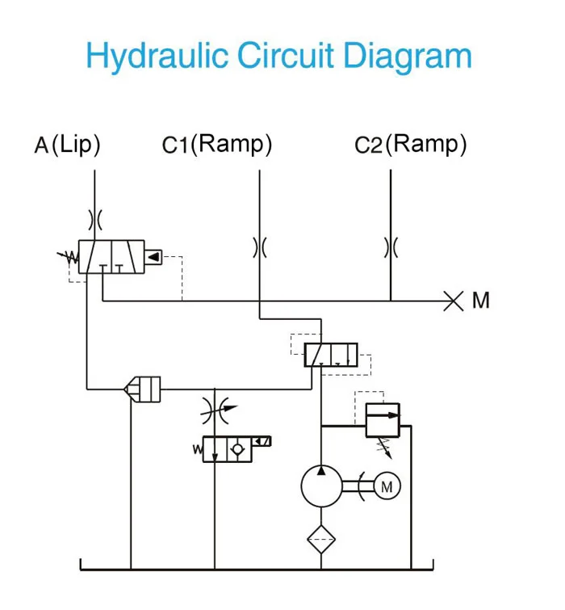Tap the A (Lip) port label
click(x=68, y=145)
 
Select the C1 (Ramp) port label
click(x=216, y=145)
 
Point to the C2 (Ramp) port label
click(x=411, y=145)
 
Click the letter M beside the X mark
click(x=481, y=301)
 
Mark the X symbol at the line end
click(x=454, y=301)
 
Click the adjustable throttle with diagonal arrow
click(x=216, y=409)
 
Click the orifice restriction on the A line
click(x=95, y=219)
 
